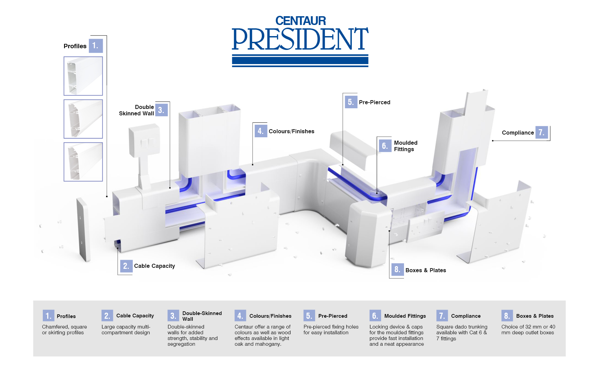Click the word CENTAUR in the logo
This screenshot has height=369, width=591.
[301, 21]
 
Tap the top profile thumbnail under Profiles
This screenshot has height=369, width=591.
[83, 76]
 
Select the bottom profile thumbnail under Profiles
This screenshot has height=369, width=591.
[83, 162]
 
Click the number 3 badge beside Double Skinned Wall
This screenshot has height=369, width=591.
[161, 110]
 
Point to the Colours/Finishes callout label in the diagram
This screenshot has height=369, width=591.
[291, 131]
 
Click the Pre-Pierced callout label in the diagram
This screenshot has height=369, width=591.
[374, 102]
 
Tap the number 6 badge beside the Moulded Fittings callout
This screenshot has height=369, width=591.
[384, 146]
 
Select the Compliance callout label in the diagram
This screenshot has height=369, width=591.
[518, 133]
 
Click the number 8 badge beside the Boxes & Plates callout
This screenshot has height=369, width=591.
[397, 269]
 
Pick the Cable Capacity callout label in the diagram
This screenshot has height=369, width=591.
[154, 266]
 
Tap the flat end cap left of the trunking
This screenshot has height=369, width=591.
[83, 229]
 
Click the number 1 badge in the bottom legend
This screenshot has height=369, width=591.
[49, 316]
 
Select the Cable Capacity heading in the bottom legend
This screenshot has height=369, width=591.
[135, 316]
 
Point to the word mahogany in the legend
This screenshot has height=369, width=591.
[268, 344]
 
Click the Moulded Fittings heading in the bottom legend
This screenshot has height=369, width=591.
[405, 316]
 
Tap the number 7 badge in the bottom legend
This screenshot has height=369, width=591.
[442, 316]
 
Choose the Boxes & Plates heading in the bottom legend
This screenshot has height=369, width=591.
[535, 316]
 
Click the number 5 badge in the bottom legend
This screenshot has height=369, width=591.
[309, 316]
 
